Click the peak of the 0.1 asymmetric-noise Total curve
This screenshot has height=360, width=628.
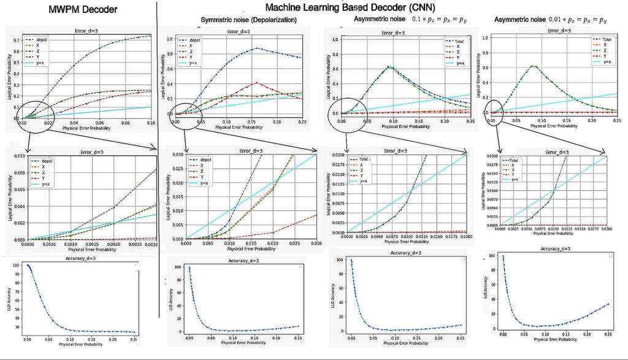coord(388,66)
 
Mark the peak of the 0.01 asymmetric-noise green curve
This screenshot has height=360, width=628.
coord(534,66)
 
